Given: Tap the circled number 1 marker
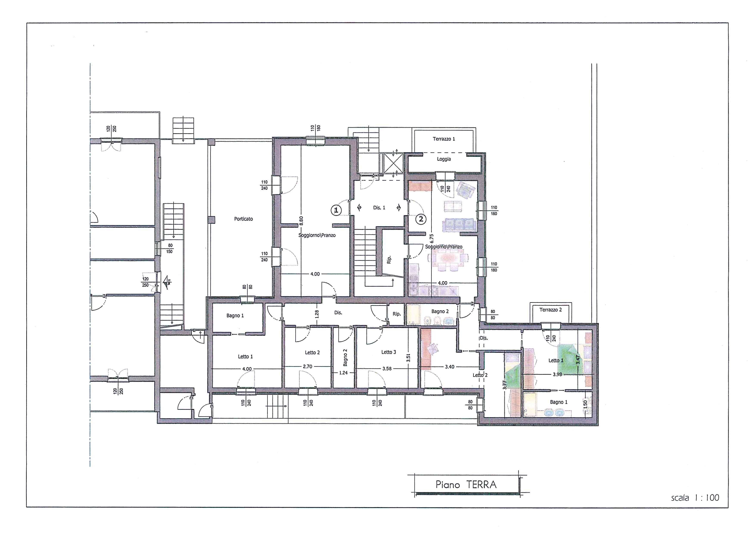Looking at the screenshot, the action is (x=336, y=210).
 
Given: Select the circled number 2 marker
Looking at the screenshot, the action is (x=421, y=219).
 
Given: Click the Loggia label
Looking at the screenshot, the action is (x=444, y=159).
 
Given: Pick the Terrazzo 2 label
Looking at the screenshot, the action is (x=550, y=310).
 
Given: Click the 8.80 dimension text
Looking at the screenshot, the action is (x=301, y=221).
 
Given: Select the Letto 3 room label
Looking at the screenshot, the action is (x=388, y=352).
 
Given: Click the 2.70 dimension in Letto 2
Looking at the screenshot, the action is (x=307, y=366).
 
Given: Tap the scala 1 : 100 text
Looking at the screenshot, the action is (x=695, y=498).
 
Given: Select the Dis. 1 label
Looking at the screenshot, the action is (x=379, y=208).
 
